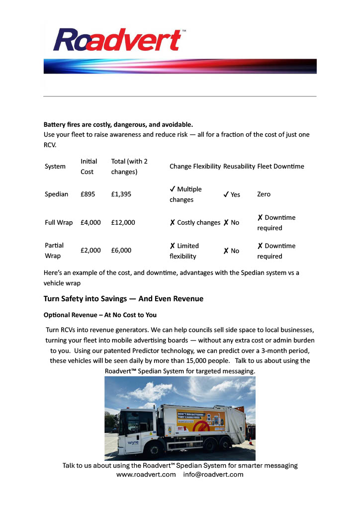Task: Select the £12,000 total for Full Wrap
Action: coord(123,223)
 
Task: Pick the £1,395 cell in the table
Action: coord(121,194)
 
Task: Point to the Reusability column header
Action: coord(239,167)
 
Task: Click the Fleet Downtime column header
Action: coord(280,167)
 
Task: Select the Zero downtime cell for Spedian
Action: coord(264,194)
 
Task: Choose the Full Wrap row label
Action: coord(59,223)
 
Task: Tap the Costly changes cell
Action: coord(195,223)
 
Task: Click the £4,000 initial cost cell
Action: coord(90,223)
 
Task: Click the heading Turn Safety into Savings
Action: coord(123,299)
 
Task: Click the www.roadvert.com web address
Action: coord(146,475)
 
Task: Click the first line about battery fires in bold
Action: coord(118,124)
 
